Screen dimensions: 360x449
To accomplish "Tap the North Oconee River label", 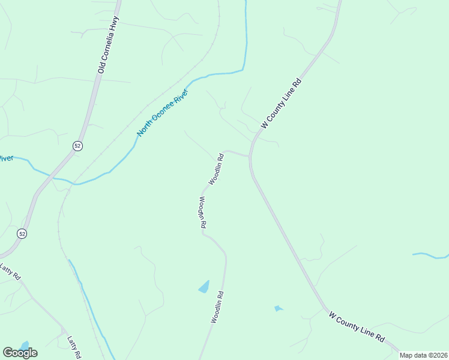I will (x=163, y=113).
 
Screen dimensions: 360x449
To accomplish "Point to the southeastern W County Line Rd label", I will (x=357, y=326).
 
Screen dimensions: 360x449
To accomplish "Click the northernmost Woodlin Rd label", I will (x=217, y=170).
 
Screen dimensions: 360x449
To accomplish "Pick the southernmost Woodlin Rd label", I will (x=217, y=307).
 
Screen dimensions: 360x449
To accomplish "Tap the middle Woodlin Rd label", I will (x=202, y=212).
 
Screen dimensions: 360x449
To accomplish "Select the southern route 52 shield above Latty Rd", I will (x=22, y=233).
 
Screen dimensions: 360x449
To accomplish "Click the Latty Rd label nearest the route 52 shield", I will (x=10, y=272).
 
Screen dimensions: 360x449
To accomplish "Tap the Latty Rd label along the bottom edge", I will (x=74, y=347).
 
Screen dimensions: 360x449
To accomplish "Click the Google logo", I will (x=20, y=353).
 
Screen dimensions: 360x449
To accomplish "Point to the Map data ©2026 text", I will (x=424, y=355).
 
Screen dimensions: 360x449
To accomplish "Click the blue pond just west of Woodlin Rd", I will (x=204, y=287).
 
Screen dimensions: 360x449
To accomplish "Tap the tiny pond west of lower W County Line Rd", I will (x=277, y=308).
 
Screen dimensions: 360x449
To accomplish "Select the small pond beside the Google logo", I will (x=24, y=346).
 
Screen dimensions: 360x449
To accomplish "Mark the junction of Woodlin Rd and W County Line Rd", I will (x=250, y=157).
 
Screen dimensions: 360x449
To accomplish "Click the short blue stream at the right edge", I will (x=430, y=256).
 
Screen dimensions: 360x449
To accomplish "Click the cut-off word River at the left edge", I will (x=6, y=158).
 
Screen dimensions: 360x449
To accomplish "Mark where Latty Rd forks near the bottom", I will (x=63, y=329).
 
